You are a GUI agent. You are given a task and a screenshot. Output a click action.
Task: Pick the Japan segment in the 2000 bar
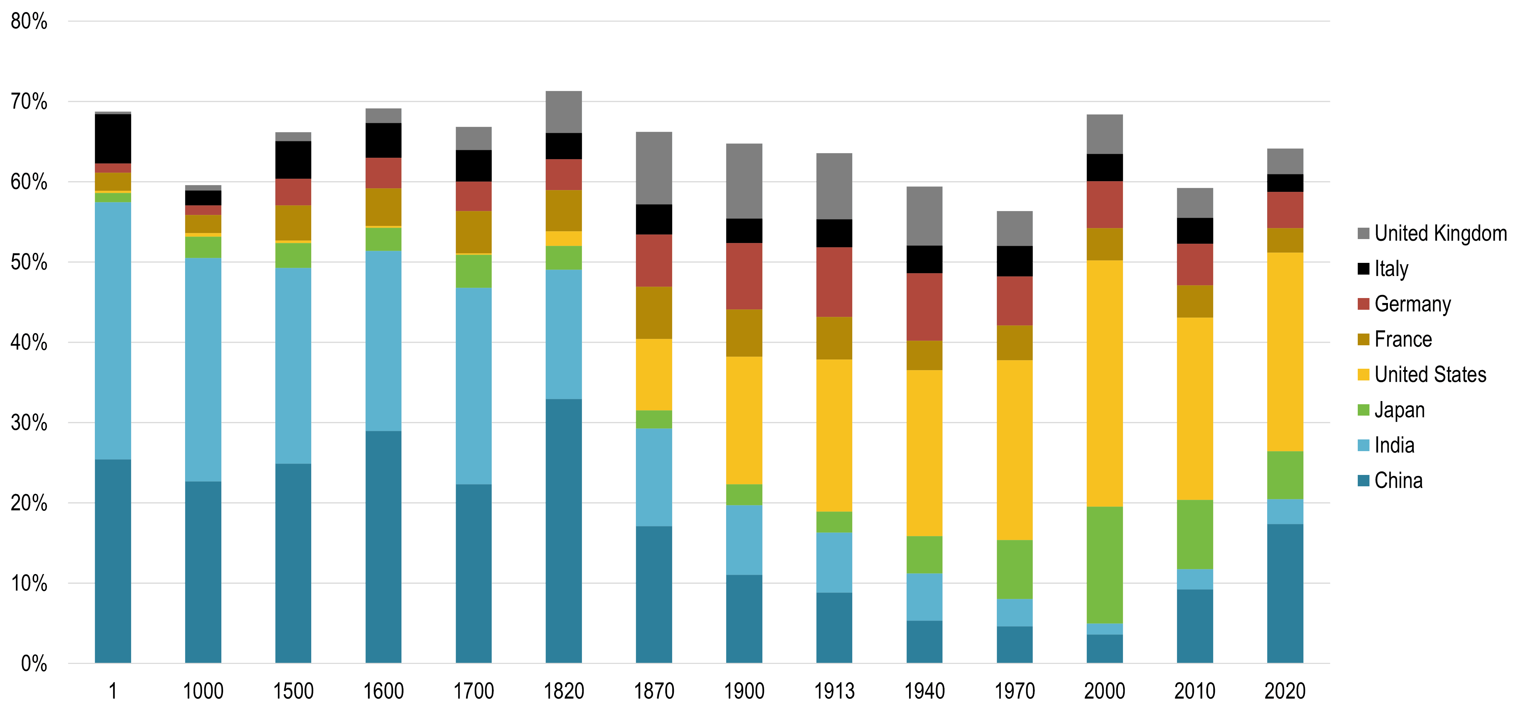click(x=1104, y=564)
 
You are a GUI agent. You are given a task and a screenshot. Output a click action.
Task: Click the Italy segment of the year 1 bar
click(x=113, y=139)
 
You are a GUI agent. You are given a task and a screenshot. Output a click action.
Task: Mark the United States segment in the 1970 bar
click(x=1015, y=450)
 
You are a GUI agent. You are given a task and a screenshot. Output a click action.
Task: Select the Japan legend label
click(x=1399, y=410)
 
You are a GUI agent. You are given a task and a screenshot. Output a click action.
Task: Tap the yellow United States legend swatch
click(x=1363, y=374)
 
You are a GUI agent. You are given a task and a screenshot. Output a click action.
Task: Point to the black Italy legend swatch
click(x=1363, y=269)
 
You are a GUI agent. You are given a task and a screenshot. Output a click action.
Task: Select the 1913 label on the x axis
click(x=834, y=691)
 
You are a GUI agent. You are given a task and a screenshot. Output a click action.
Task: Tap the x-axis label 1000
click(x=203, y=691)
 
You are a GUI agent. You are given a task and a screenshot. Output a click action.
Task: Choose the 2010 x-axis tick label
click(x=1194, y=691)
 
